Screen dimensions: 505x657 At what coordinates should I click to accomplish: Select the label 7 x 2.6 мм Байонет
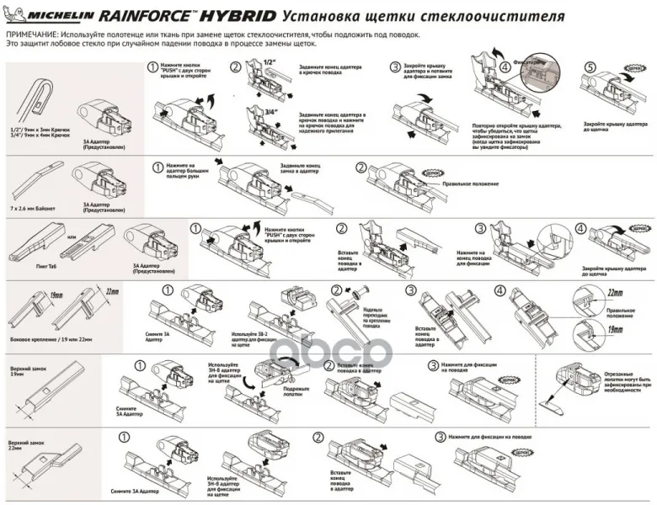click(34, 205)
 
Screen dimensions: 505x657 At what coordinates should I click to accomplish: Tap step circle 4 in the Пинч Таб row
click(581, 228)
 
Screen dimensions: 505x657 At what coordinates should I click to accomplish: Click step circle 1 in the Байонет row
click(157, 167)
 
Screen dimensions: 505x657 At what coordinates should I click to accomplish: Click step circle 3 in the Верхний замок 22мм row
click(440, 438)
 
